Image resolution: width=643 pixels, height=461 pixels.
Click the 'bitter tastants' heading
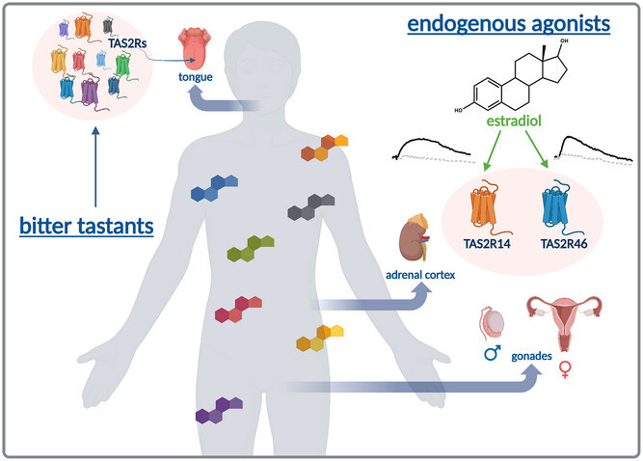tap(86, 228)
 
